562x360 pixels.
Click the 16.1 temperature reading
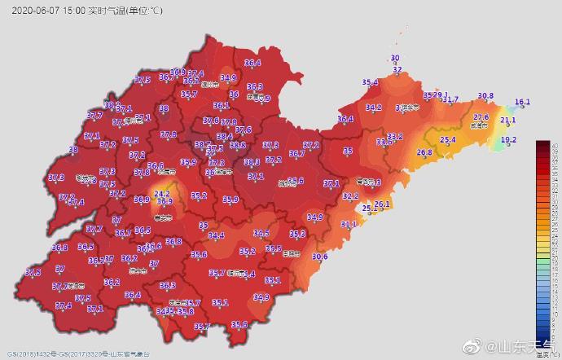523,102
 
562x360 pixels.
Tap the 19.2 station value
509,140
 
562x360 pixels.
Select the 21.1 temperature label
508,121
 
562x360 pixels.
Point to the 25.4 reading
448,140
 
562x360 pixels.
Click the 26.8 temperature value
424,152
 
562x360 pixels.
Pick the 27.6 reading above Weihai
481,117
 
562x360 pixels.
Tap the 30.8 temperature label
485,96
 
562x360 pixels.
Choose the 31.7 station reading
450,99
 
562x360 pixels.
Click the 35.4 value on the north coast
371,83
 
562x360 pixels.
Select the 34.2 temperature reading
373,108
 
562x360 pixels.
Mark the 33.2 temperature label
395,136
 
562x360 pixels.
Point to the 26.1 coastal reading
382,203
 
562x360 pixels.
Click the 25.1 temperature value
370,209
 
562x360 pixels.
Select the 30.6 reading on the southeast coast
319,257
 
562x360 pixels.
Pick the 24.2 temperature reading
162,194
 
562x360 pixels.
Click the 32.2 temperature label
350,196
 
